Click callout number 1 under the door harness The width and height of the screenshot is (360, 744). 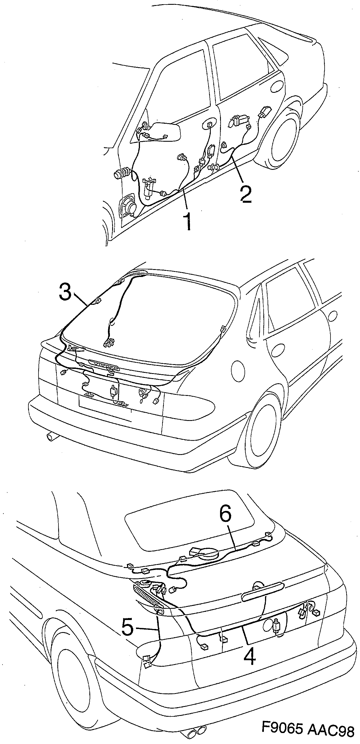pyautogui.click(x=188, y=220)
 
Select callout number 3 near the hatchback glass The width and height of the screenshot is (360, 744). pyautogui.click(x=65, y=292)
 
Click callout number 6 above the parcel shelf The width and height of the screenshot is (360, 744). pyautogui.click(x=225, y=523)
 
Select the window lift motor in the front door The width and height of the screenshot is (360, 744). pyautogui.click(x=149, y=188)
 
